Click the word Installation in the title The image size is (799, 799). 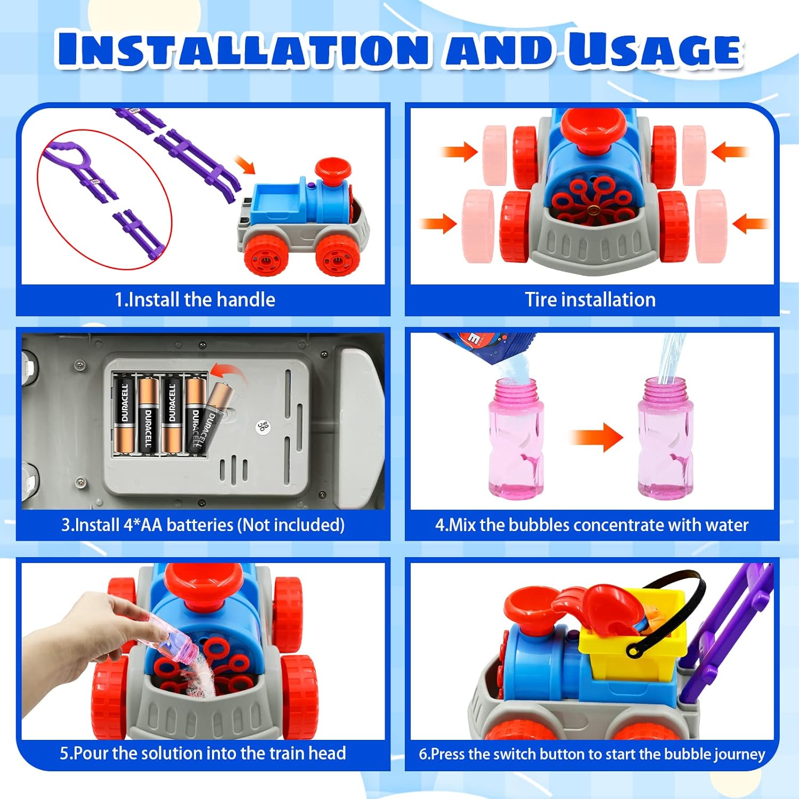(x=243, y=50)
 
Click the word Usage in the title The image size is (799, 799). (x=655, y=50)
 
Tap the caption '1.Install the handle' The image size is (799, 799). (x=195, y=300)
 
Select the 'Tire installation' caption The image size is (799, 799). (x=590, y=300)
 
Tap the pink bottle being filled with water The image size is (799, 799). (x=666, y=438)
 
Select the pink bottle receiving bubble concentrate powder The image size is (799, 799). (x=516, y=438)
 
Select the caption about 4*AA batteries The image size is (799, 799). (x=203, y=525)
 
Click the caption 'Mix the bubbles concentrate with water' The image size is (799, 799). (x=592, y=525)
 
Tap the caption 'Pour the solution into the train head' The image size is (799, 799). (x=203, y=753)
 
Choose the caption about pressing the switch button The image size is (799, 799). (x=592, y=754)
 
